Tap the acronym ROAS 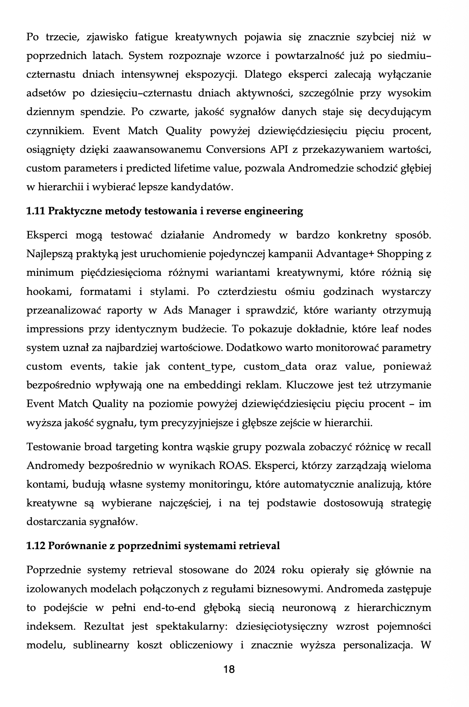pyautogui.click(x=234, y=465)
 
